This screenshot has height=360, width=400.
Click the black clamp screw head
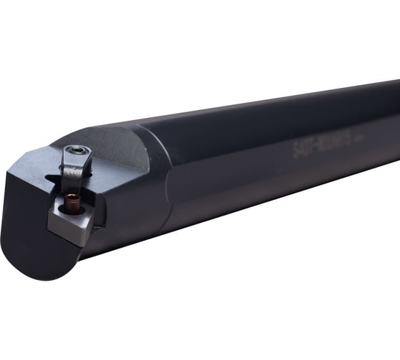pos(76,151)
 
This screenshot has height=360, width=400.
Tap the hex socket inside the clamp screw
pos(77,151)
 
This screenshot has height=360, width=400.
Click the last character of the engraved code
pos(348,139)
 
